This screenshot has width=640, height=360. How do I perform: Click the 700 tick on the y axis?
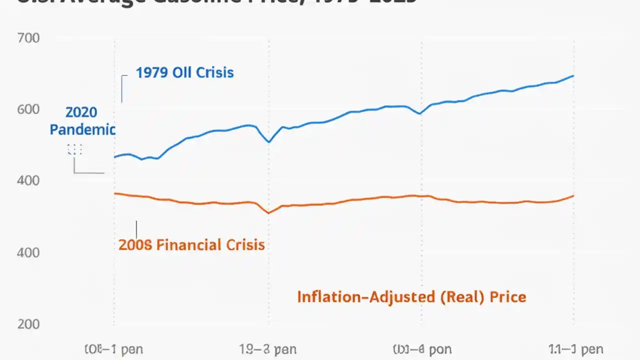(28, 37)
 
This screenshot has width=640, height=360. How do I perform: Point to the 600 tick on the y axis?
(28, 109)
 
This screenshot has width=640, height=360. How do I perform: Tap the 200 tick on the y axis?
(28, 324)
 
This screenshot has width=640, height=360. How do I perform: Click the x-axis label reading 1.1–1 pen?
(574, 349)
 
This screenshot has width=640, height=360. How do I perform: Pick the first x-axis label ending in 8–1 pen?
(113, 349)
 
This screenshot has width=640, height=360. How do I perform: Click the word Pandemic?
(82, 130)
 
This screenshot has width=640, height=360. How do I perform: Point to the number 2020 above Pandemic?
(81, 112)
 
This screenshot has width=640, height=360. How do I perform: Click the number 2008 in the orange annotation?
(135, 245)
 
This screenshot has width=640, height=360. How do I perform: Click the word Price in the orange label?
(508, 297)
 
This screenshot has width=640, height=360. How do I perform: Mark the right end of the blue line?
(573, 76)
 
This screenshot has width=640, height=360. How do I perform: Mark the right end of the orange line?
(573, 195)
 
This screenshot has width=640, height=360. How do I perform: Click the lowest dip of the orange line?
(268, 213)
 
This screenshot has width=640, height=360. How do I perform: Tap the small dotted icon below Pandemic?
(74, 149)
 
